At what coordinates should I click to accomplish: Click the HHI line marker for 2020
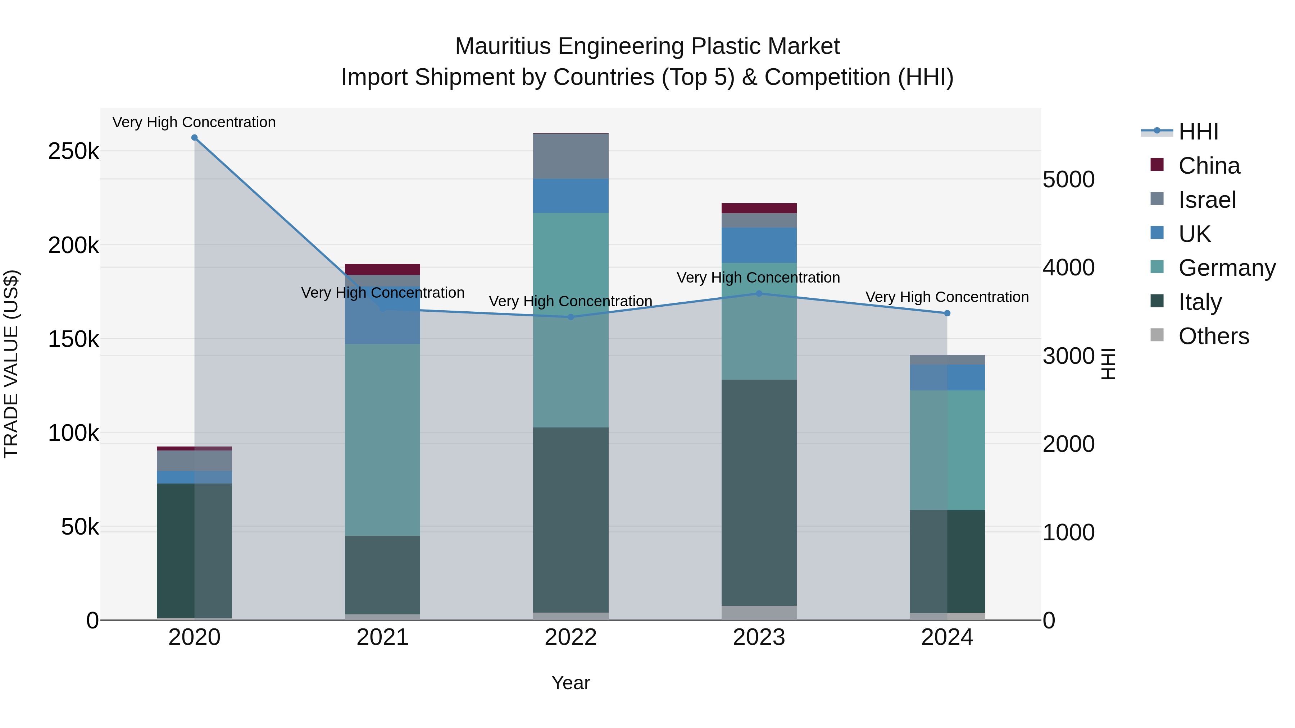coord(195,138)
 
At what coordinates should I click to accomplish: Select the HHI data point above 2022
coord(571,317)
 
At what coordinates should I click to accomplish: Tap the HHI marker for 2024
coord(947,313)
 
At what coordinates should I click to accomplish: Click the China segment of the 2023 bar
coord(759,208)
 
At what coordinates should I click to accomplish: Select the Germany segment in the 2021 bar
coord(383,440)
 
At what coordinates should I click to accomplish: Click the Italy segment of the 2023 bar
coord(759,493)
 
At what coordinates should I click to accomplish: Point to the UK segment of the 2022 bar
coord(571,196)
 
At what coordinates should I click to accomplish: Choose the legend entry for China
coord(1209,166)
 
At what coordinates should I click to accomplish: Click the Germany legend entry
coord(1227,268)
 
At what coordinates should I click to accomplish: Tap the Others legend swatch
coord(1157,335)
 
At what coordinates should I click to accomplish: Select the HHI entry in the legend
coord(1198,132)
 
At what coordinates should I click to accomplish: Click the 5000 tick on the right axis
coord(1068,179)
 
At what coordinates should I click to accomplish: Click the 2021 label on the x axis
coord(383,637)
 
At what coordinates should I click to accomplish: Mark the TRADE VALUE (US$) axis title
coord(11,364)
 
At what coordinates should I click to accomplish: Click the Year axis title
coord(571,683)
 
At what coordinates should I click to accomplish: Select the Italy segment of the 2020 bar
coord(195,550)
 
